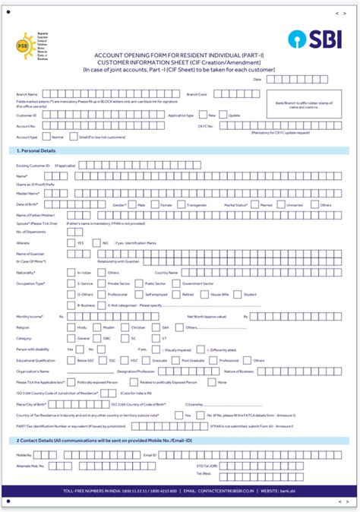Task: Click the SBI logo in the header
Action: (x=311, y=40)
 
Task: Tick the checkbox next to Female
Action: (x=155, y=205)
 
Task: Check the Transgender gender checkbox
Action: (x=181, y=205)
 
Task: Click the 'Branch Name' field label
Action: (x=27, y=94)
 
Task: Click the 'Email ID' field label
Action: (x=149, y=454)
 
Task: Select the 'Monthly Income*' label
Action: (x=30, y=315)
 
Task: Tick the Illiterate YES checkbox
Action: (x=71, y=242)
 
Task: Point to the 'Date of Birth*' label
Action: (x=28, y=205)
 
